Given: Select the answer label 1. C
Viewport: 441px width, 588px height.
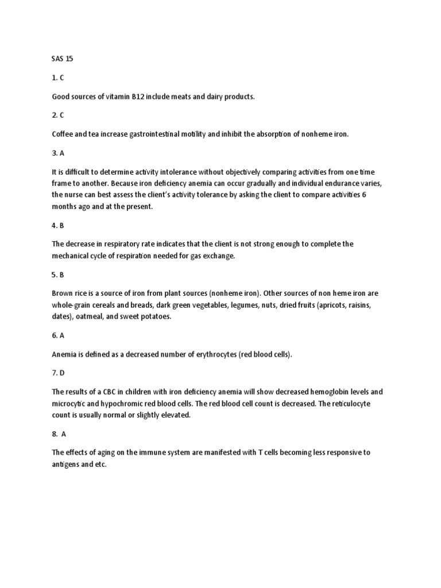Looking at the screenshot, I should click(58, 78).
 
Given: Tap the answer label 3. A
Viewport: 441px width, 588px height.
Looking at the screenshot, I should click(58, 153).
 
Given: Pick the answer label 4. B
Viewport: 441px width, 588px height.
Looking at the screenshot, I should click(58, 226).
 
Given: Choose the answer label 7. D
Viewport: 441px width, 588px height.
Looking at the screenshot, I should click(58, 373).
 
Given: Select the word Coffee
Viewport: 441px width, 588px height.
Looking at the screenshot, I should click(64, 134).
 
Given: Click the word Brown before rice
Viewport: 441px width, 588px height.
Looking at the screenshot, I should click(63, 293).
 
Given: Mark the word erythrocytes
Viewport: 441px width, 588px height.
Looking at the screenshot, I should click(215, 355).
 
